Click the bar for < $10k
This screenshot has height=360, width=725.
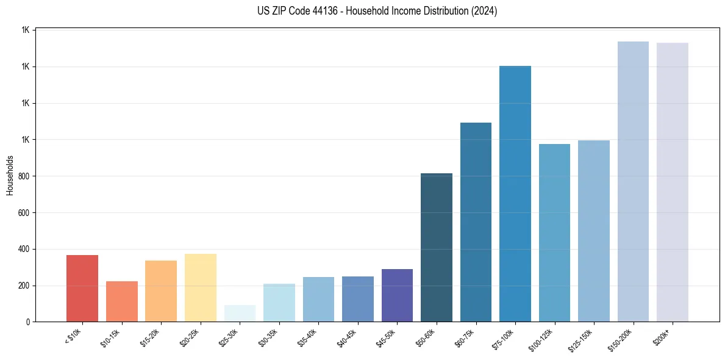[x=82, y=288]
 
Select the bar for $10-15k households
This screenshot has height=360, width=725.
[x=121, y=301]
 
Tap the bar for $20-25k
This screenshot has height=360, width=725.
[x=200, y=287]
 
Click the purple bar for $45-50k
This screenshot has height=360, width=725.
[x=397, y=295]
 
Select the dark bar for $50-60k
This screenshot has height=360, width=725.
[x=437, y=247]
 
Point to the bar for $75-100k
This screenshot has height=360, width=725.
[x=515, y=193]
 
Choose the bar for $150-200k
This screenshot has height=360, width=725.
[x=633, y=181]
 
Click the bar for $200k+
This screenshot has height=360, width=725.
[x=673, y=182]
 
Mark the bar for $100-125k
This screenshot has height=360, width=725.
[x=554, y=232]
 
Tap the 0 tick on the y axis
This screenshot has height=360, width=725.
[x=27, y=322]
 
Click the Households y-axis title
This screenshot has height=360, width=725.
[x=10, y=175]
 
